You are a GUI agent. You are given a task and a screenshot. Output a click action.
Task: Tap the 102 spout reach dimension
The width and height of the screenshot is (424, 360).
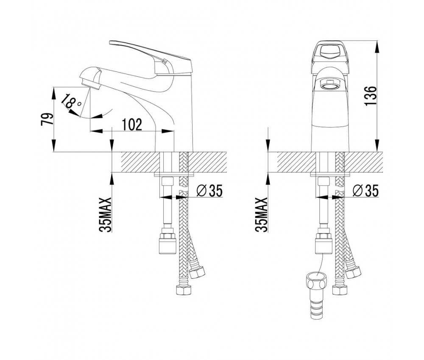pyautogui.click(x=131, y=124)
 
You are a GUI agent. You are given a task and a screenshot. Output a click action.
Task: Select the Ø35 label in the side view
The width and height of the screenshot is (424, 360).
pyautogui.click(x=209, y=191)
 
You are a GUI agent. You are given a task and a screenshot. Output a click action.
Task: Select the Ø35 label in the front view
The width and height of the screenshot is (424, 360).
pyautogui.click(x=365, y=191)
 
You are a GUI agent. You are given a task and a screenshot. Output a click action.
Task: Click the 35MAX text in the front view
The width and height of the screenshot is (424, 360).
pyautogui.click(x=262, y=214)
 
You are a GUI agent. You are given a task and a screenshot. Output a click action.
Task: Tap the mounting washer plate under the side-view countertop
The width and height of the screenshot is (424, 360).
pyautogui.click(x=174, y=174)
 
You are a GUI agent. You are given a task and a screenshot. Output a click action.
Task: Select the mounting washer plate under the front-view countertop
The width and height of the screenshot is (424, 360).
pyautogui.click(x=330, y=174)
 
